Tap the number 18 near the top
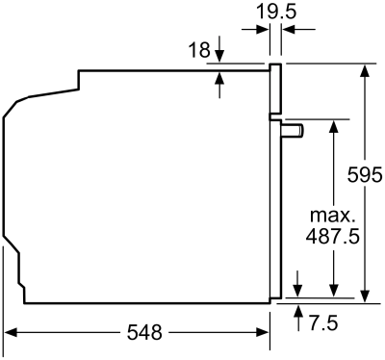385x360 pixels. point(198,49)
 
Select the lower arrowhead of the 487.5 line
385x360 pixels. point(333,294)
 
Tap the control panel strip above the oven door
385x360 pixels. point(275,90)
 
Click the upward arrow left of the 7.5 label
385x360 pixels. point(298,311)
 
